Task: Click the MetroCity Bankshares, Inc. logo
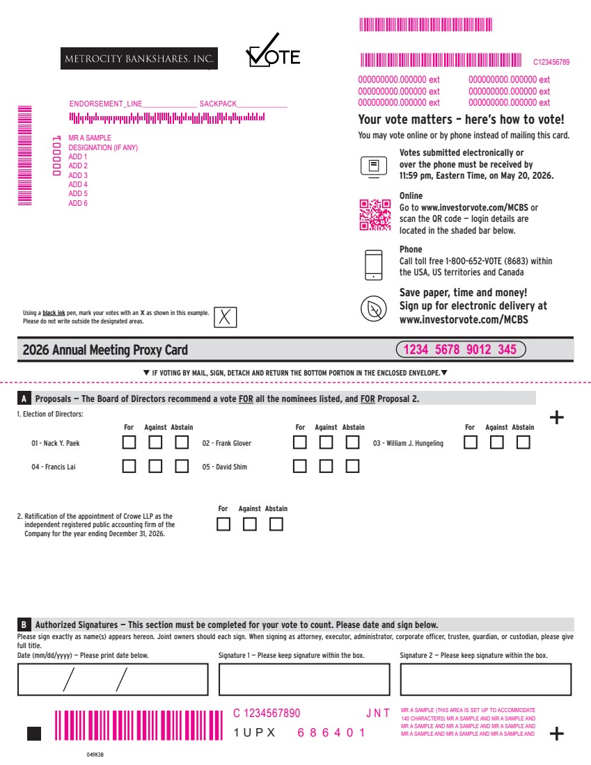coord(139,58)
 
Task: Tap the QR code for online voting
coord(375,214)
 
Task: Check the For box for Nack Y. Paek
coord(129,442)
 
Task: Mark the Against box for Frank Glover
coord(326,442)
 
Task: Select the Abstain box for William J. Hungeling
coord(523,442)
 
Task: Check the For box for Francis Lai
coord(129,466)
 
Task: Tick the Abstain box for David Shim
coord(352,466)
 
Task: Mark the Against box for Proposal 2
coord(250,524)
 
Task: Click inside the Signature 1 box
coord(304,679)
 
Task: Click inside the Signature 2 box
coord(485,679)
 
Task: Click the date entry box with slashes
coord(113,679)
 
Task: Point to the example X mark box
coord(225,317)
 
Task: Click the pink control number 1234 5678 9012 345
coord(461,349)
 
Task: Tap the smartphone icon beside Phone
coord(374,265)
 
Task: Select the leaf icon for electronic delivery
coord(374,309)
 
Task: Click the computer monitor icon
coord(374,167)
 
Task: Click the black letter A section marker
coord(24,398)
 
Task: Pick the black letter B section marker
coord(24,625)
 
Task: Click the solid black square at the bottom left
coord(33,734)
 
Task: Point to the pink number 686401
coord(331,733)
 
